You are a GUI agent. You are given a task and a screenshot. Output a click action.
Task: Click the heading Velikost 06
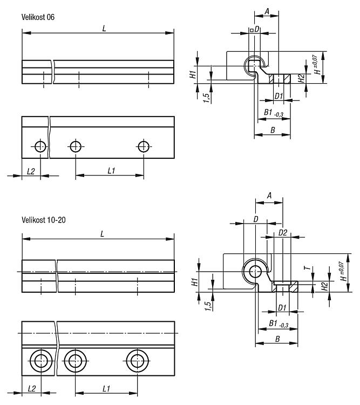point(38,17)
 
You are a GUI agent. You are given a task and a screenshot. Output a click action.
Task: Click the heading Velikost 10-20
point(43,220)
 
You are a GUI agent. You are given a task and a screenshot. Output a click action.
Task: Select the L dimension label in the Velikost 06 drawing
point(104,29)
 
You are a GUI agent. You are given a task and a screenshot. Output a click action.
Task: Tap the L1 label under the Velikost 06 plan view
point(111,171)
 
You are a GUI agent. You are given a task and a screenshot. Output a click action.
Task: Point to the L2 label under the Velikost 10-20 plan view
point(31,389)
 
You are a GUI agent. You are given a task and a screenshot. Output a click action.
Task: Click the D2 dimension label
point(283,233)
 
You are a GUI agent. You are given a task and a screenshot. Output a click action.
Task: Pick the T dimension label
point(307,268)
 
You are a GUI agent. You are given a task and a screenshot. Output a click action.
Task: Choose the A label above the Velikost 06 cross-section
point(267,11)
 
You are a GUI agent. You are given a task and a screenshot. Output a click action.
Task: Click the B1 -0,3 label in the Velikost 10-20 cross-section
point(279,323)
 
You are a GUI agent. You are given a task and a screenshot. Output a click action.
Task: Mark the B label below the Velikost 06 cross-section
point(273,130)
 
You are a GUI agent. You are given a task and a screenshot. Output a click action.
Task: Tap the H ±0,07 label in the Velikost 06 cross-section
point(317,65)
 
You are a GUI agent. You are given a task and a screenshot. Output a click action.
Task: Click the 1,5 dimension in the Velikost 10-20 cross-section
point(208,306)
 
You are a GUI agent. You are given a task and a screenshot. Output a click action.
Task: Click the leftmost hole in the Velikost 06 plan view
point(40,147)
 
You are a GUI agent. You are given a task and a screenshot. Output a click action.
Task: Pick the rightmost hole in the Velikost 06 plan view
point(144,147)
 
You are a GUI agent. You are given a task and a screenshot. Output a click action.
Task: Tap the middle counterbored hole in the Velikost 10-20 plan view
point(75,361)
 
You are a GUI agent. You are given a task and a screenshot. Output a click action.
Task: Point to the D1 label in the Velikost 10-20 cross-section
point(282,308)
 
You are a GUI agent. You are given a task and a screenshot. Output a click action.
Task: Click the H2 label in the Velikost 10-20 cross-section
point(324,286)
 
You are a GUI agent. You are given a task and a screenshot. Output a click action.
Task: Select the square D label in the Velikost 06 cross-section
point(254,29)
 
